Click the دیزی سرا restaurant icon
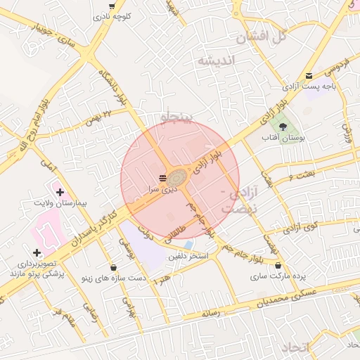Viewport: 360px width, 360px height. [163, 176]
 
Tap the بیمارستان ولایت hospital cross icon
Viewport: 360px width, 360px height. [60, 192]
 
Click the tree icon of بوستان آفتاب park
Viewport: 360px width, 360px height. [282, 127]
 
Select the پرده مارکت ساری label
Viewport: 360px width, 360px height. [278, 277]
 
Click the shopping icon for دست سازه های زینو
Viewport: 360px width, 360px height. [114, 267]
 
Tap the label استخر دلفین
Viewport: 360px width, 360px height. [188, 256]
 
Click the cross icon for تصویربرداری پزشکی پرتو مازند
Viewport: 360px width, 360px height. [37, 252]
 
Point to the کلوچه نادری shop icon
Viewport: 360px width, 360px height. [112, 5]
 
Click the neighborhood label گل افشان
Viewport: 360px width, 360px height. [264, 37]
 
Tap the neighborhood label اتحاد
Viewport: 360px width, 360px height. [295, 348]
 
